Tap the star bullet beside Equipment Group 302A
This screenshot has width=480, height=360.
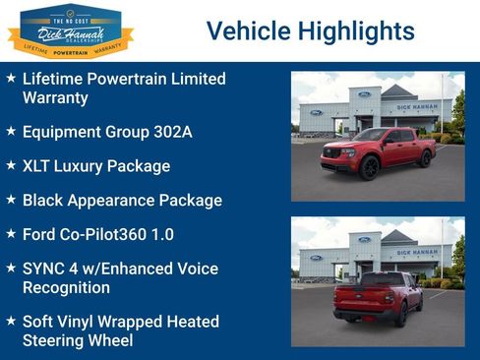[10, 131]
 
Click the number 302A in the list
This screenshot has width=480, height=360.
[178, 131]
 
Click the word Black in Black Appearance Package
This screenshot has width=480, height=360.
[44, 200]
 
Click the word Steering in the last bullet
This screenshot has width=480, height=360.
[57, 340]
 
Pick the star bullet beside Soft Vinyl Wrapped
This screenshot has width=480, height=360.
[10, 322]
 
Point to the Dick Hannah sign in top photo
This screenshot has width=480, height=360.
[417, 106]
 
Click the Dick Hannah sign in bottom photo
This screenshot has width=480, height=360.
[417, 252]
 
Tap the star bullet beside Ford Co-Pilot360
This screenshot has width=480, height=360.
[10, 234]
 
